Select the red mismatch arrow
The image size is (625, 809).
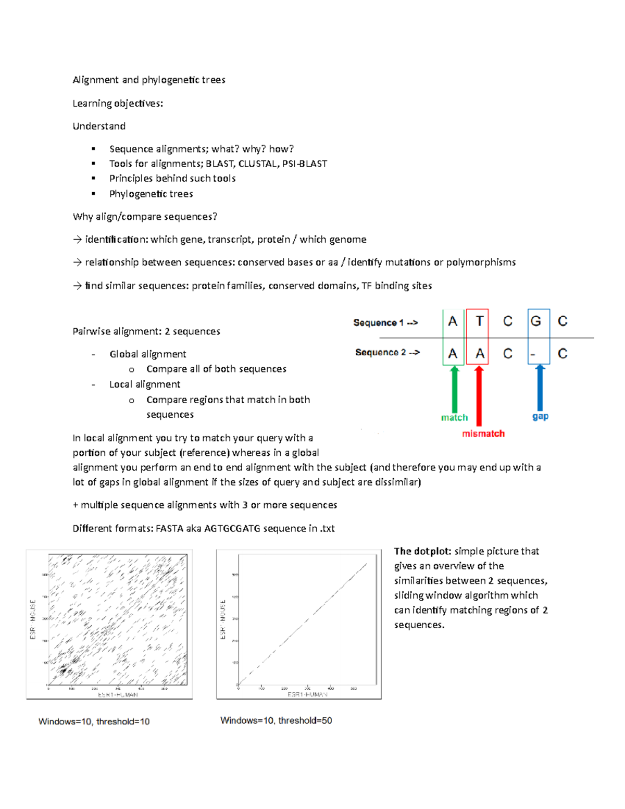click(x=479, y=396)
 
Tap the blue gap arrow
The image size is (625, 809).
click(x=540, y=388)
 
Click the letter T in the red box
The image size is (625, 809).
click(x=480, y=321)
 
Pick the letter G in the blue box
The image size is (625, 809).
click(x=535, y=321)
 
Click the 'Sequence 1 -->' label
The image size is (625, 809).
click(x=385, y=323)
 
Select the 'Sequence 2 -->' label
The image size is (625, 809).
click(x=387, y=353)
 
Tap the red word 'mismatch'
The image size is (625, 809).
click(x=483, y=433)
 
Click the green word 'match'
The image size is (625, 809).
click(x=454, y=418)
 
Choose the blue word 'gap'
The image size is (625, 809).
click(x=540, y=416)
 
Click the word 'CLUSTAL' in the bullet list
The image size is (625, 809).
click(x=257, y=164)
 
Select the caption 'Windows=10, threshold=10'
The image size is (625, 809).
click(x=94, y=721)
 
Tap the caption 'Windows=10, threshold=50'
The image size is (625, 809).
click(x=276, y=720)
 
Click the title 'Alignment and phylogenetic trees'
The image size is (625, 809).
click(x=149, y=80)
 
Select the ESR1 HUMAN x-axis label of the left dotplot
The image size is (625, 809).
click(x=118, y=694)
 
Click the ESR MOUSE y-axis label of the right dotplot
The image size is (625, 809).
click(x=223, y=619)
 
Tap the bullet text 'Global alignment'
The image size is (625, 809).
click(x=147, y=354)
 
